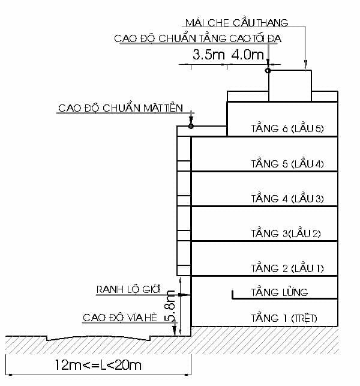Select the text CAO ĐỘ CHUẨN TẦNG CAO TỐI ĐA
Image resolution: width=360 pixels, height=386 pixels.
(198, 39)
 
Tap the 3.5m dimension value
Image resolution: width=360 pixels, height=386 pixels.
(208, 55)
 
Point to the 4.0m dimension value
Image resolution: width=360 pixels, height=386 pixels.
(247, 55)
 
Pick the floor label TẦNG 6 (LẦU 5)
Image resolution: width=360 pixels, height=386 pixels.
(287, 128)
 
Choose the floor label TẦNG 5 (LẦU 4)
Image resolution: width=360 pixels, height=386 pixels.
(287, 163)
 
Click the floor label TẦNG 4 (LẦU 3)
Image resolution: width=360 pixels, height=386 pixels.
(287, 198)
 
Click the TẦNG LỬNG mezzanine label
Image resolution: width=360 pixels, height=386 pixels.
(280, 292)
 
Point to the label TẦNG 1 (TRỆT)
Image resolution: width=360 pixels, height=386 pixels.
(284, 318)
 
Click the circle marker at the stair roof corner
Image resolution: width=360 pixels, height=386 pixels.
(268, 71)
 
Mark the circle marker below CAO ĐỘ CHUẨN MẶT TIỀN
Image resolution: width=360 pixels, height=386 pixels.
(191, 126)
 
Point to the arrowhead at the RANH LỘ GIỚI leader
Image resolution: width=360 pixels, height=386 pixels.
(187, 295)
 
